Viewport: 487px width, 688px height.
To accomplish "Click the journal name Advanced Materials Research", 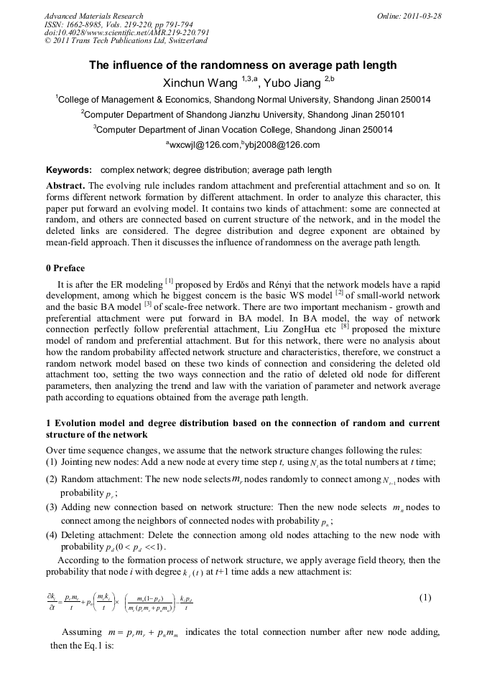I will click(x=93, y=16).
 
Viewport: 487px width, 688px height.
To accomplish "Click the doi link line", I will click(x=126, y=33).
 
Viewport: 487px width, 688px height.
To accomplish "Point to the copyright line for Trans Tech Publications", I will click(x=126, y=41).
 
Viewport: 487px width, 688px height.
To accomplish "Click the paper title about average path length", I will click(x=243, y=65).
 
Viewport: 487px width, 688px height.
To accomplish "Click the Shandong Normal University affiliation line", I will click(x=243, y=100).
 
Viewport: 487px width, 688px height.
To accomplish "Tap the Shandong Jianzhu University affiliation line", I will click(x=243, y=115).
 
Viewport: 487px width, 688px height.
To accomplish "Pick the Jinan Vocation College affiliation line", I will click(x=243, y=130).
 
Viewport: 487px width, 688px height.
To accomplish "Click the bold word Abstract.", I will click(x=65, y=185).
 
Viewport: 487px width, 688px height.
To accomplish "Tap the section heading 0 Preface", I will click(x=65, y=269).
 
